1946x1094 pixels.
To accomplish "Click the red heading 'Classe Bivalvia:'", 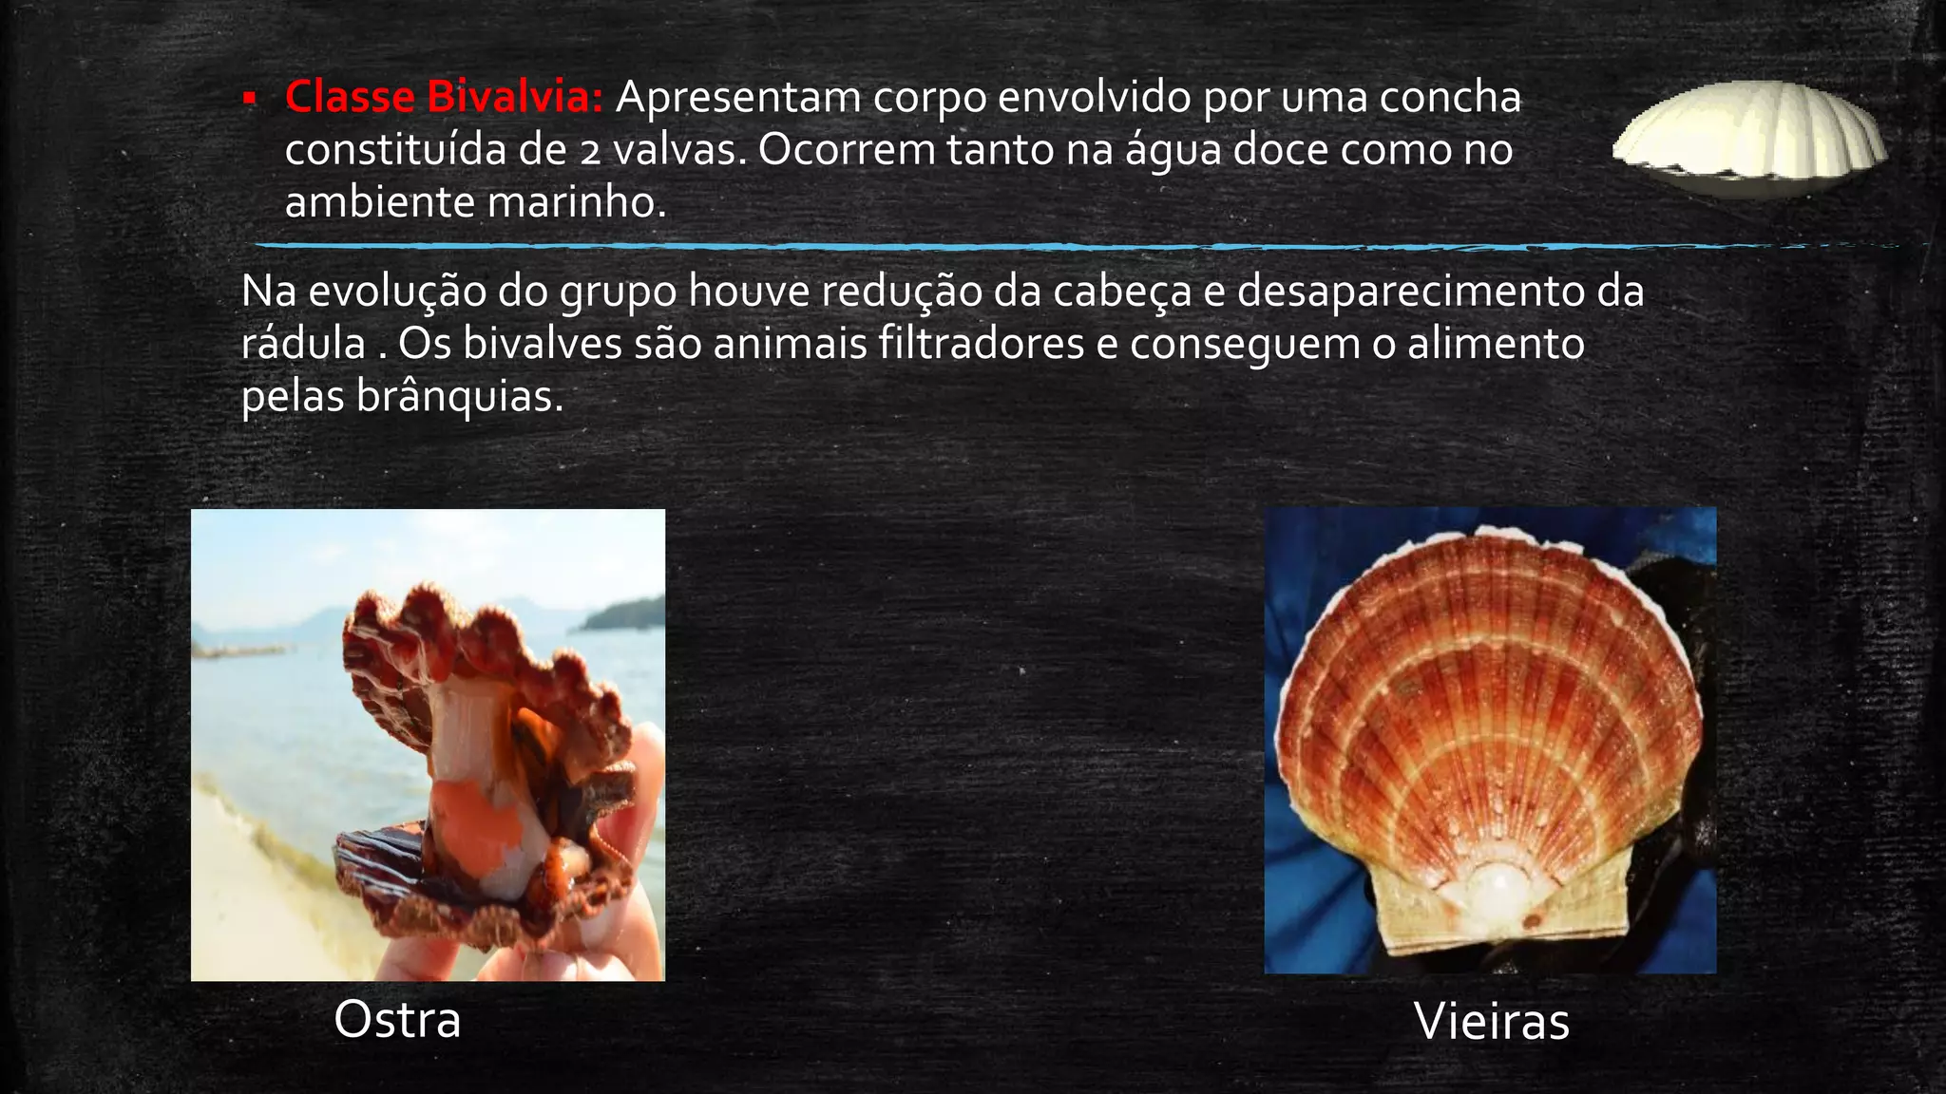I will pos(444,97).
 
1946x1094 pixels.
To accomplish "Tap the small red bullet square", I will pos(250,98).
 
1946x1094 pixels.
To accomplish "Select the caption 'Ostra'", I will pos(397,1020).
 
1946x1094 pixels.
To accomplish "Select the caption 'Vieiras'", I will pos(1491,1022).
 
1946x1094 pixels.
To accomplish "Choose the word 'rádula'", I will pos(303,344).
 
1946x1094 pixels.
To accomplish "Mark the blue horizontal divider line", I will pos(855,246).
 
